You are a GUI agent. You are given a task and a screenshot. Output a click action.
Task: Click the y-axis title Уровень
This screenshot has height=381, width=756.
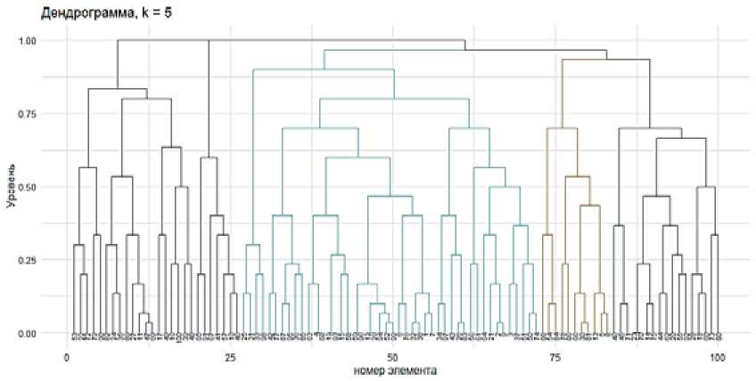pyautogui.click(x=11, y=186)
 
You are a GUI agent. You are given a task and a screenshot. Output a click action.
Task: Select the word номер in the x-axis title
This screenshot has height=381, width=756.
pyautogui.click(x=347, y=369)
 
